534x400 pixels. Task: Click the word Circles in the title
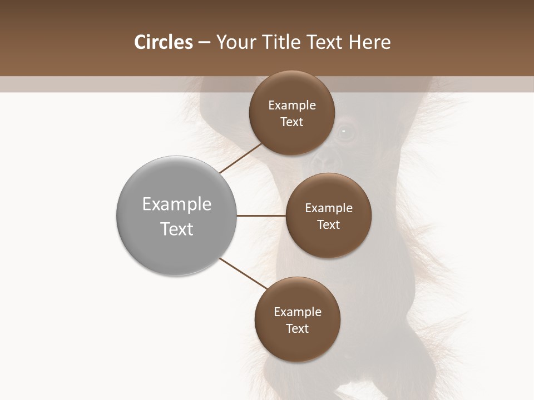click(163, 42)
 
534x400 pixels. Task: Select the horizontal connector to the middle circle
click(261, 216)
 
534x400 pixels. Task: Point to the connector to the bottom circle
click(243, 274)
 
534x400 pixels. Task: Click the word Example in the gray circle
click(176, 204)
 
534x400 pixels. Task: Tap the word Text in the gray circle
click(176, 229)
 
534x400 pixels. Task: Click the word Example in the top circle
click(291, 105)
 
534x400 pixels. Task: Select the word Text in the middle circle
click(328, 224)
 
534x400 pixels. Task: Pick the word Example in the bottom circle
click(297, 312)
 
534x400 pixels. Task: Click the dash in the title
click(204, 42)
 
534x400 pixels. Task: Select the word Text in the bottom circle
click(297, 328)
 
